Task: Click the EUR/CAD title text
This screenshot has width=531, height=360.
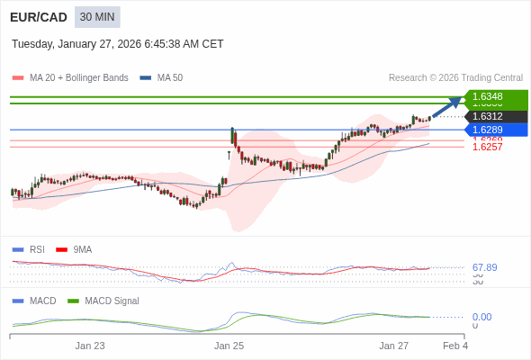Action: pos(38,17)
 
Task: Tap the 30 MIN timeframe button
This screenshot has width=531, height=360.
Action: pos(97,17)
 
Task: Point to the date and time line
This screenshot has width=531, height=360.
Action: pos(118,44)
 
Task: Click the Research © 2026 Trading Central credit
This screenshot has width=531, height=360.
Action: pos(455,78)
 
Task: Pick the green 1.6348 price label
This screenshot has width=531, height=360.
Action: pos(494,96)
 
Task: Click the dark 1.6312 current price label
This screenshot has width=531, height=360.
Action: pos(494,116)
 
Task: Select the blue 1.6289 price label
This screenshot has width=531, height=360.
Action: pos(494,130)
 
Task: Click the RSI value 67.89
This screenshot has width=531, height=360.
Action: pos(484,267)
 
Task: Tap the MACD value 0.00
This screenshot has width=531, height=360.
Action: pos(481,317)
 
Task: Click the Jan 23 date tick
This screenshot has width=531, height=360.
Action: pos(90,346)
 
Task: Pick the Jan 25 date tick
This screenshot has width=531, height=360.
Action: pos(229,346)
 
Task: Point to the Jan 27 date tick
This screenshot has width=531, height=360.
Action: pos(393,346)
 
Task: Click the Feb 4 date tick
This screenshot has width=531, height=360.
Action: pos(455,346)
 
